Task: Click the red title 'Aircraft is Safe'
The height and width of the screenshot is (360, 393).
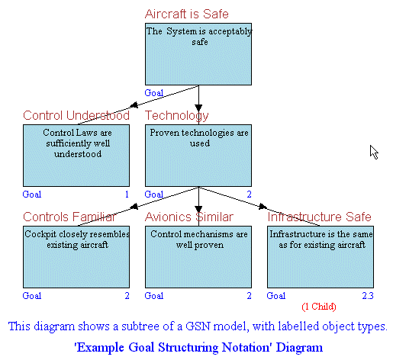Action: (x=187, y=14)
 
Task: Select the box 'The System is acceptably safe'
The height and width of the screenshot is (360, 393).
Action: (x=198, y=54)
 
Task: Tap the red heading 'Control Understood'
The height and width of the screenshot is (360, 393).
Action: (x=76, y=115)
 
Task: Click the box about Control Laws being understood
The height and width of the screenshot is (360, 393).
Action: (x=76, y=156)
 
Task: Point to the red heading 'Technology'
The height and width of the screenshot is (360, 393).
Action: (x=177, y=116)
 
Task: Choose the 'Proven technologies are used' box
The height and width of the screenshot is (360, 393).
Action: (x=198, y=156)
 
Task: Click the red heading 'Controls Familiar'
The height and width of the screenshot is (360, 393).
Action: (x=69, y=217)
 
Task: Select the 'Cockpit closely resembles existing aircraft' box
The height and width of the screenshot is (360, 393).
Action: (x=76, y=257)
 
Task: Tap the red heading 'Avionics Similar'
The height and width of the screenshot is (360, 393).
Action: (x=189, y=217)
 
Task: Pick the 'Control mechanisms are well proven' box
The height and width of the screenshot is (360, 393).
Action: (x=198, y=257)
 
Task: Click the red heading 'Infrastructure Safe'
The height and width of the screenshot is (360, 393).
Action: (x=320, y=217)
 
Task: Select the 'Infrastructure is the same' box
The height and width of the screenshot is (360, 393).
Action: (x=321, y=257)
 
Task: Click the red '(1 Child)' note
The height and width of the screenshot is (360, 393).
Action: (x=319, y=307)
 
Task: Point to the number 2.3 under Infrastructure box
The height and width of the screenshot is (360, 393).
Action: (x=368, y=296)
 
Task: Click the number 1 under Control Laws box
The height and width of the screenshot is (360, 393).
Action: (x=127, y=194)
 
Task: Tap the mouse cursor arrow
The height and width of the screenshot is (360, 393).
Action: (x=374, y=152)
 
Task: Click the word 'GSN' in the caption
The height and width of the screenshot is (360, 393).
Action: (x=197, y=326)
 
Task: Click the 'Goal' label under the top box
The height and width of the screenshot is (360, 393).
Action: (x=154, y=93)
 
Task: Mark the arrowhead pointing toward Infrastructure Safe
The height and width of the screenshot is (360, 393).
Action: (x=263, y=206)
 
